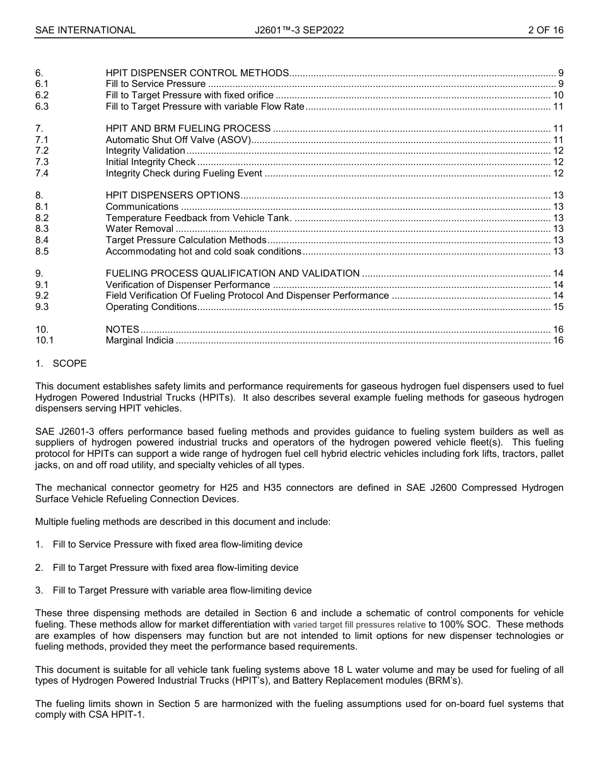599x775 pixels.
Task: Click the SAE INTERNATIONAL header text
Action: point(85,30)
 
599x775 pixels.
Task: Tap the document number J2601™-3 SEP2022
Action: point(299,30)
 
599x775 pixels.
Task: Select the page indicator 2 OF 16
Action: point(545,30)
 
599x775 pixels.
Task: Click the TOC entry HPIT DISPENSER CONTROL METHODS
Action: point(197,73)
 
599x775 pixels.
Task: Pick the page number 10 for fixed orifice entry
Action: point(557,96)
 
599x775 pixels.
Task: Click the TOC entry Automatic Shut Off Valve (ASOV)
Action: point(178,140)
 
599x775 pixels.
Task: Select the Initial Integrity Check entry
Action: point(151,163)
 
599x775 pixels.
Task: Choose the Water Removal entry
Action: point(139,229)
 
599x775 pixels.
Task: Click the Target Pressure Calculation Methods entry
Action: point(186,240)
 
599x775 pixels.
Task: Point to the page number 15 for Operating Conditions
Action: point(557,307)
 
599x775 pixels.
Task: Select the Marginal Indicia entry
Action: point(139,341)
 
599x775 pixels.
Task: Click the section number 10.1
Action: point(45,341)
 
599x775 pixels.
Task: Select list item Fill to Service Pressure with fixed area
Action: point(177,544)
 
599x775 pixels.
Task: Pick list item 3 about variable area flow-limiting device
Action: point(182,591)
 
